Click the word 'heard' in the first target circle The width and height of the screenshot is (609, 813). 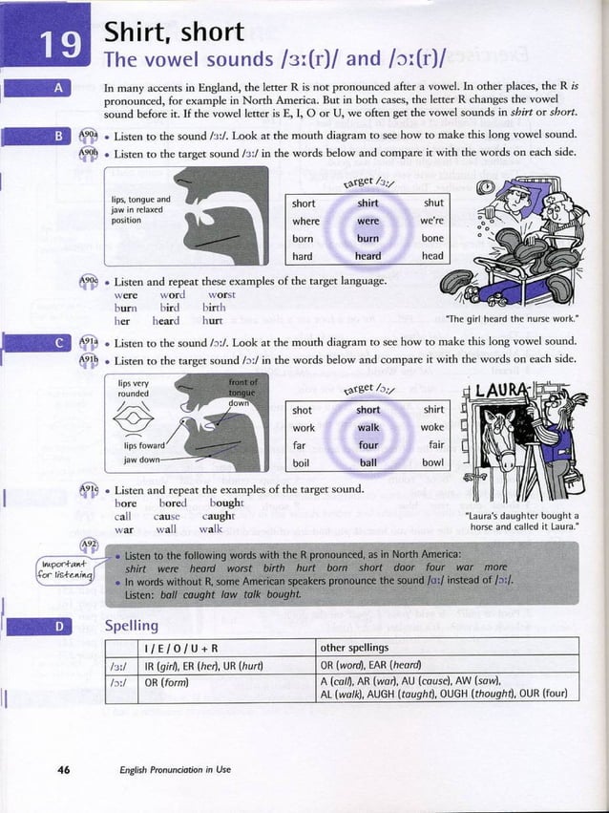click(367, 256)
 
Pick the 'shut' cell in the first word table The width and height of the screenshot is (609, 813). click(432, 203)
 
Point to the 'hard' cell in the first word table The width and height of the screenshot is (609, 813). click(303, 256)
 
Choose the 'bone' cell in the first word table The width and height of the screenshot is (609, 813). click(432, 239)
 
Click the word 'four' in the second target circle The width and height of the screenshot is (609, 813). click(367, 444)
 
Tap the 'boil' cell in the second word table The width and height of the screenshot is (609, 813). click(304, 462)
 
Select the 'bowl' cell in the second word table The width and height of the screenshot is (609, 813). click(432, 462)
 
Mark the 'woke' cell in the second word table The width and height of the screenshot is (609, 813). click(432, 427)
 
